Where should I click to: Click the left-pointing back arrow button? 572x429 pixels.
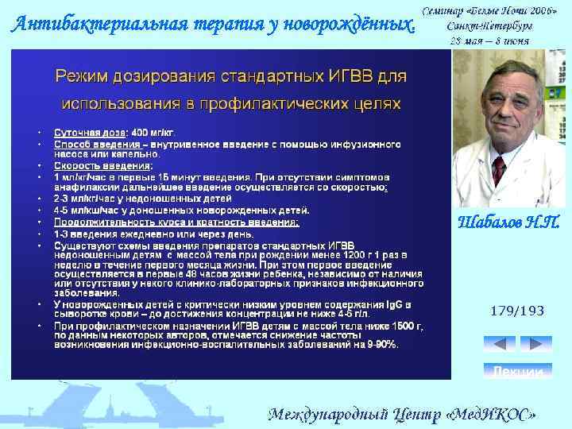click(499, 344)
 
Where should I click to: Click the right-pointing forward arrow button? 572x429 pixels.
click(535, 344)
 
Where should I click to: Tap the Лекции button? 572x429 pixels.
click(517, 372)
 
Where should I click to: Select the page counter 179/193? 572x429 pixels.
click(517, 311)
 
